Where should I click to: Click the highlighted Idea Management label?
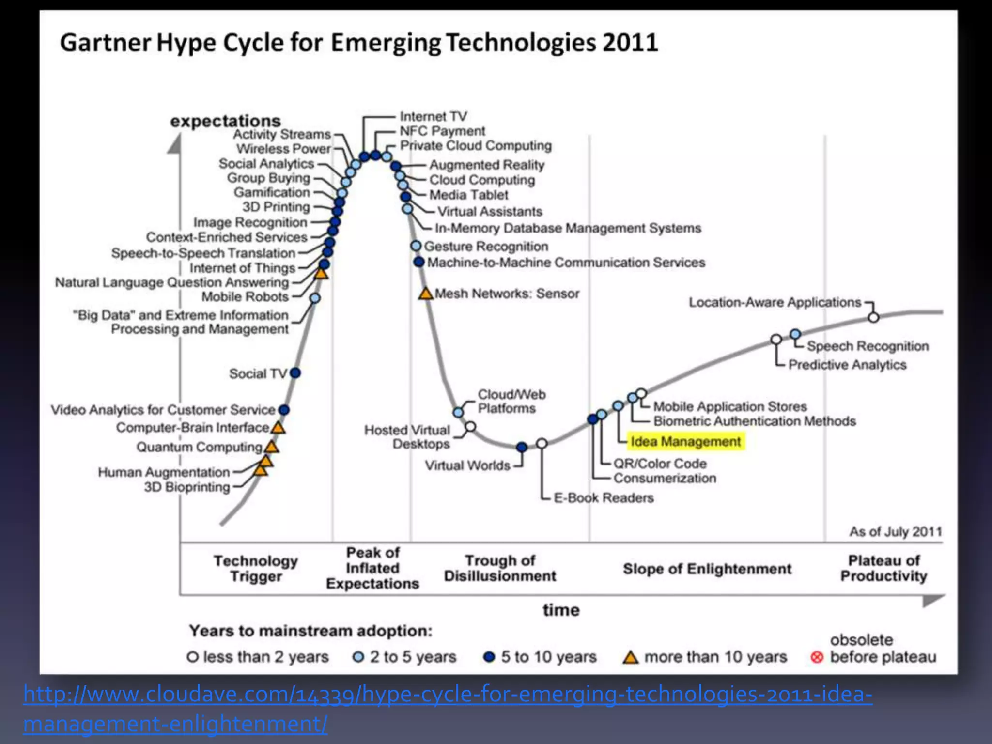point(685,442)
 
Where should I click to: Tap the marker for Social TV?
point(295,373)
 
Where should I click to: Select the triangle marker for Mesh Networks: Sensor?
point(426,294)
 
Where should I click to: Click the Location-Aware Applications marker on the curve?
point(873,317)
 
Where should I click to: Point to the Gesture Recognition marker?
point(416,246)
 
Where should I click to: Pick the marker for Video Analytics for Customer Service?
point(284,410)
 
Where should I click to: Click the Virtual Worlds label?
point(467,465)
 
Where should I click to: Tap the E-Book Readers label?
point(604,498)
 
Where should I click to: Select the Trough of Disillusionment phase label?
point(500,568)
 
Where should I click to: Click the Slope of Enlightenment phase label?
point(707,569)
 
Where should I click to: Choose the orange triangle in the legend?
point(630,657)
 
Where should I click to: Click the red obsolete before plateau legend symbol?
point(817,657)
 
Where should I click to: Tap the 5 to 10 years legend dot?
point(489,657)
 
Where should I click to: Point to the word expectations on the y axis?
point(225,121)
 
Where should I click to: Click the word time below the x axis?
point(561,610)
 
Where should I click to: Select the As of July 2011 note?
point(896,531)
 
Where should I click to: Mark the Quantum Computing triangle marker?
point(272,447)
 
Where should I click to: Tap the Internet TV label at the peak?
point(433,116)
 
